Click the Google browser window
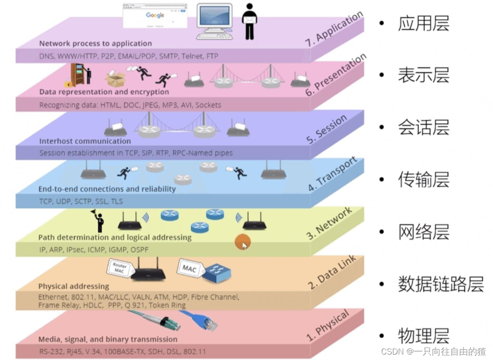(x=155, y=16)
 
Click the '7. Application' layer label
(x=334, y=29)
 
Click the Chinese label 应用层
(x=423, y=23)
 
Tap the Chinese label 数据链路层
(x=440, y=284)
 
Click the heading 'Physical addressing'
(x=73, y=286)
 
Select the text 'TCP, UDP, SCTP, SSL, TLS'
(x=81, y=201)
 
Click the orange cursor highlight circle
(x=242, y=243)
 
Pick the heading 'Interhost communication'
(x=85, y=141)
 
